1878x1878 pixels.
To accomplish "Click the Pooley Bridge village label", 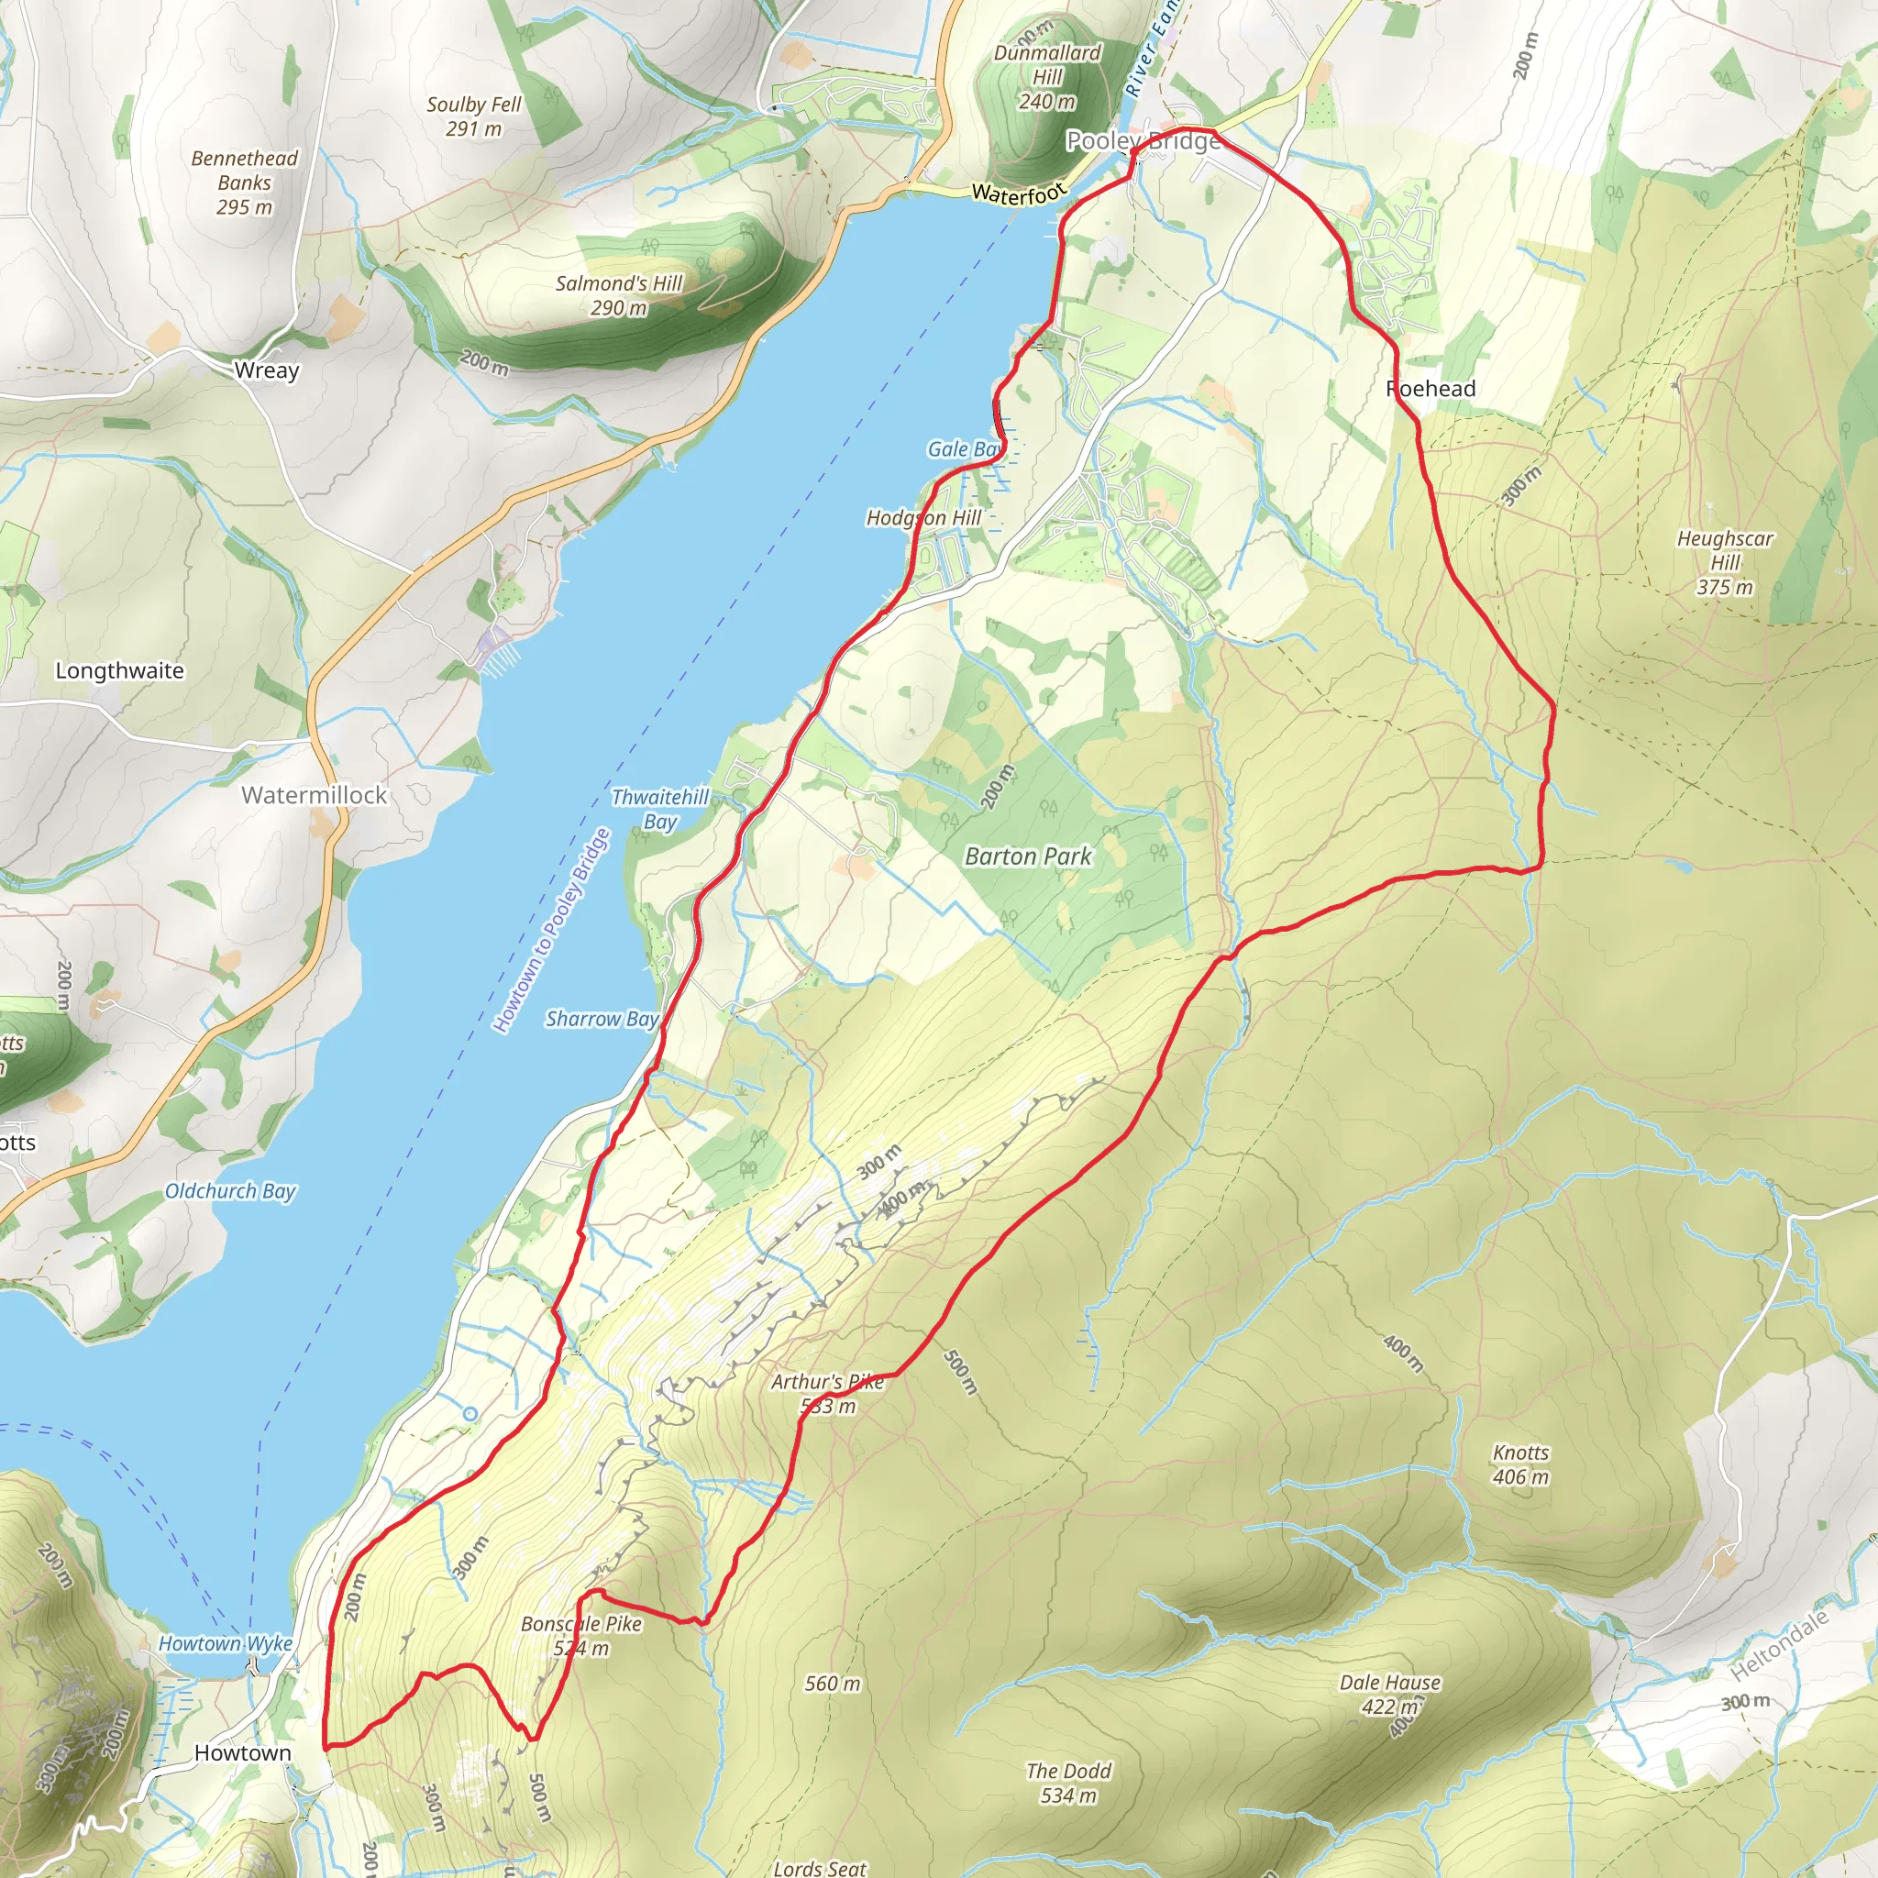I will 1143,141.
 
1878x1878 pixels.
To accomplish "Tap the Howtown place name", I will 242,1752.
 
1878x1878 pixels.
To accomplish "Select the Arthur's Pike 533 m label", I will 828,1393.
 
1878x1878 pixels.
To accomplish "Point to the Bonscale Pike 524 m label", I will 581,1635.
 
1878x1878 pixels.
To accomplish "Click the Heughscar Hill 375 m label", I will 1725,562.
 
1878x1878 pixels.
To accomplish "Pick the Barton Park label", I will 1027,856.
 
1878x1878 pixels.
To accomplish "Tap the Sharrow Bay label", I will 602,1019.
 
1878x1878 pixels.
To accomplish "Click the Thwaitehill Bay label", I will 660,809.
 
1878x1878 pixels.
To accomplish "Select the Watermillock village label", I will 314,795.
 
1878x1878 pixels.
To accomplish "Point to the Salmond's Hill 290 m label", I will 619,295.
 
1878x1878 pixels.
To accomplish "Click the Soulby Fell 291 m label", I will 473,116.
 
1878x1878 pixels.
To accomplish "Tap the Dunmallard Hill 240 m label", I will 1047,77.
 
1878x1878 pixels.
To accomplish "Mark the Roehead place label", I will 1430,389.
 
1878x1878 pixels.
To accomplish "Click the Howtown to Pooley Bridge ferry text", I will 551,930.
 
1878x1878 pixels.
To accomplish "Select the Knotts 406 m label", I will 1520,1464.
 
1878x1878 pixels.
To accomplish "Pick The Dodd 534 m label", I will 1068,1783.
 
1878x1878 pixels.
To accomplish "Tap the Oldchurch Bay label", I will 230,1191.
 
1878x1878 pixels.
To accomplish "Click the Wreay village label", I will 266,370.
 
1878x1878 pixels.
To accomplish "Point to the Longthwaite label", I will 119,670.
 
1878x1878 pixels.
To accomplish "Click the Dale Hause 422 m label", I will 1389,1695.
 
